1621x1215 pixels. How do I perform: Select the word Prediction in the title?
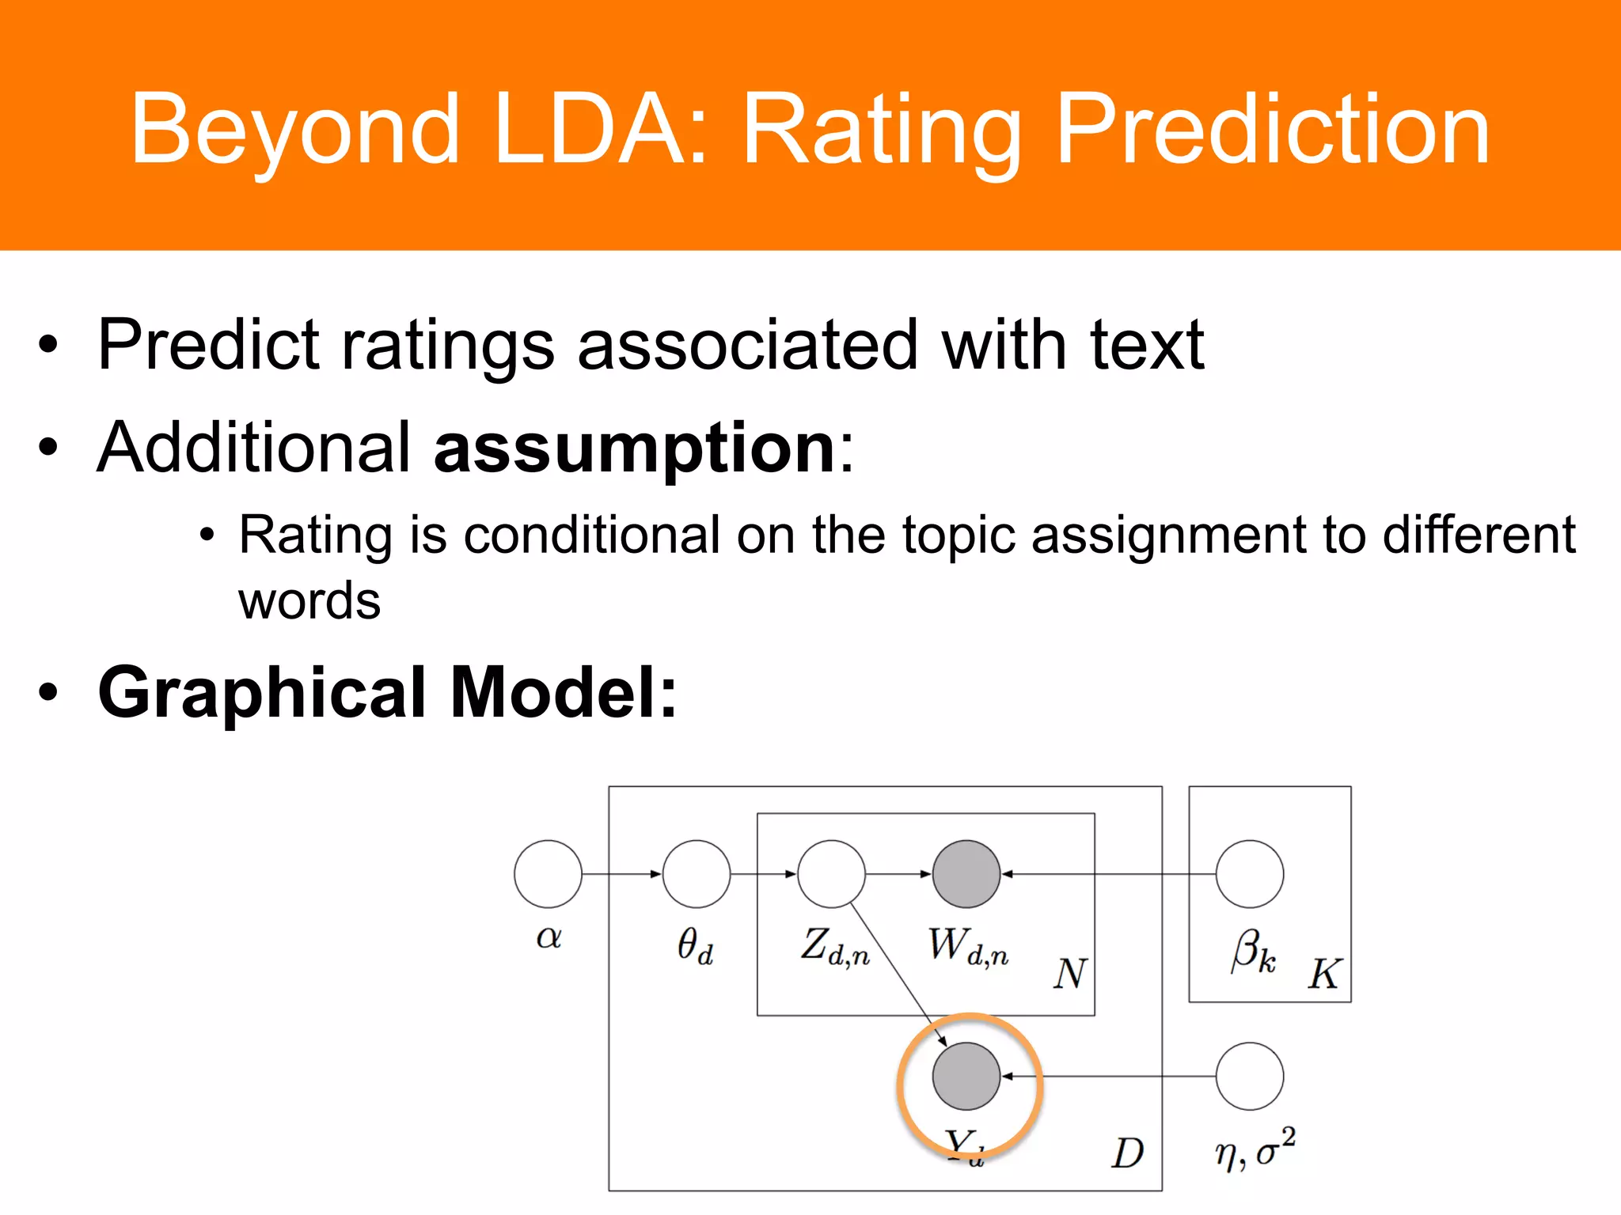[1273, 128]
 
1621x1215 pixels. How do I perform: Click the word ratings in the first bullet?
[447, 345]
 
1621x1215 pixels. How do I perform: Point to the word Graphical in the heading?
[262, 692]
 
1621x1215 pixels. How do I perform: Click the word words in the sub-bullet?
[309, 601]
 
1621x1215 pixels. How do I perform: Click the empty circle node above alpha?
[548, 874]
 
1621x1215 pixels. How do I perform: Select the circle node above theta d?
[697, 874]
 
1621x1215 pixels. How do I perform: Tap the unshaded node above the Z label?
[831, 874]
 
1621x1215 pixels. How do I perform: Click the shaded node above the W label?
[966, 874]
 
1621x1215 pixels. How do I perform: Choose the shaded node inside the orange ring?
[966, 1077]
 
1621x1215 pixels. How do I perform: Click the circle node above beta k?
[1250, 874]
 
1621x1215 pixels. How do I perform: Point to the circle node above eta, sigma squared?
[1250, 1077]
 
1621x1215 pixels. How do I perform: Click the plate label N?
[1070, 974]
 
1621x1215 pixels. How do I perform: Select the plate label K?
[1324, 974]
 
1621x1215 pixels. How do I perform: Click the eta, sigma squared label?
[1255, 1151]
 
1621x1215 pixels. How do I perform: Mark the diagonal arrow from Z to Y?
[898, 973]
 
